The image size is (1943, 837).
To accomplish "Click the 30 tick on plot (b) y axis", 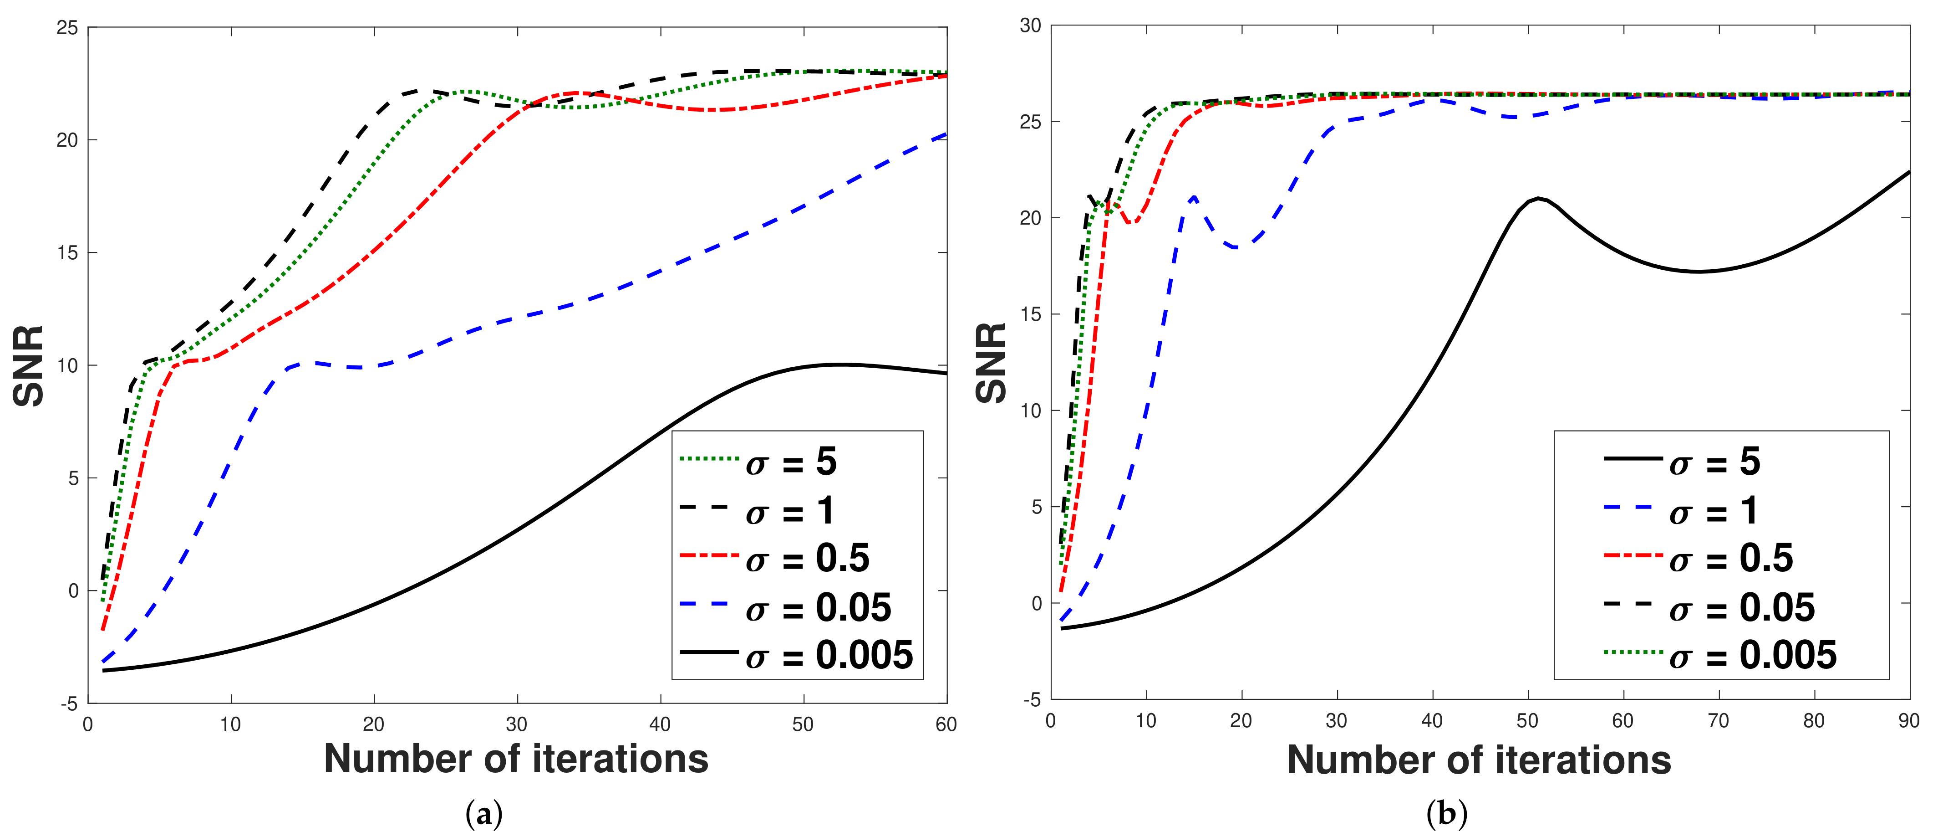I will tap(1030, 26).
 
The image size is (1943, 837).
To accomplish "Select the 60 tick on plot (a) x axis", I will tap(946, 724).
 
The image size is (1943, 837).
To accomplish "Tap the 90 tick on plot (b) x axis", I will tap(1909, 721).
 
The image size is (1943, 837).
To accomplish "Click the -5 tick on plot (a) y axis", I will tap(69, 703).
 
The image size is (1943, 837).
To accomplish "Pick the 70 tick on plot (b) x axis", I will tap(1718, 721).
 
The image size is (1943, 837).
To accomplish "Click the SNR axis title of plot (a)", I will tap(29, 366).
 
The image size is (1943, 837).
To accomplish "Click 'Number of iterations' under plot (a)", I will tap(517, 759).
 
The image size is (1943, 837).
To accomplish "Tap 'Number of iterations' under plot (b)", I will tap(1479, 759).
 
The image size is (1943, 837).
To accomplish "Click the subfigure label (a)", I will tap(484, 814).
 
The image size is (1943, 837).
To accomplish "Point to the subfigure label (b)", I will tap(1447, 814).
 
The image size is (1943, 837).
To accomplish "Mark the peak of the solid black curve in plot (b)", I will tap(1537, 199).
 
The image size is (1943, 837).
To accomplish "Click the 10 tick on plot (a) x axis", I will tap(231, 724).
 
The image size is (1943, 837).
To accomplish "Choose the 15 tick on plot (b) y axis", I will tap(1030, 314).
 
